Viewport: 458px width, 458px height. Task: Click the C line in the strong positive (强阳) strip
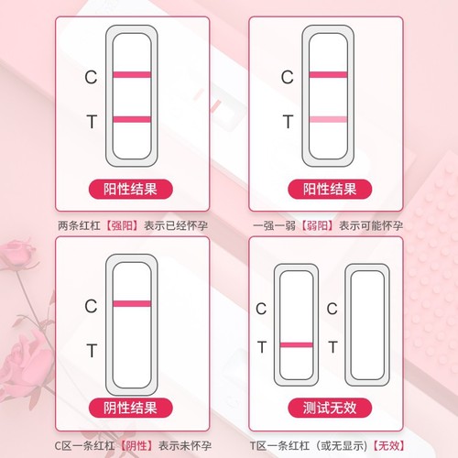point(132,75)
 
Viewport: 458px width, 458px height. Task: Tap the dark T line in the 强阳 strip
point(132,119)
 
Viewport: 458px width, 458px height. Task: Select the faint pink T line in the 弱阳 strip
point(329,119)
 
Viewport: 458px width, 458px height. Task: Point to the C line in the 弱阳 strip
point(329,74)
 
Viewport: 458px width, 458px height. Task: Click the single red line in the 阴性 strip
point(132,303)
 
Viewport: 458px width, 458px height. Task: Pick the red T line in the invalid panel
point(296,344)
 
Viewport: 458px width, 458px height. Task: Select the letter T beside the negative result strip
point(91,349)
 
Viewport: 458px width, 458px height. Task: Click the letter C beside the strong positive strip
point(91,78)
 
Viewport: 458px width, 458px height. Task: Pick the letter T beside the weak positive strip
point(288,120)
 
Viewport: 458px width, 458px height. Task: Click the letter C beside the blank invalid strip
point(333,309)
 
